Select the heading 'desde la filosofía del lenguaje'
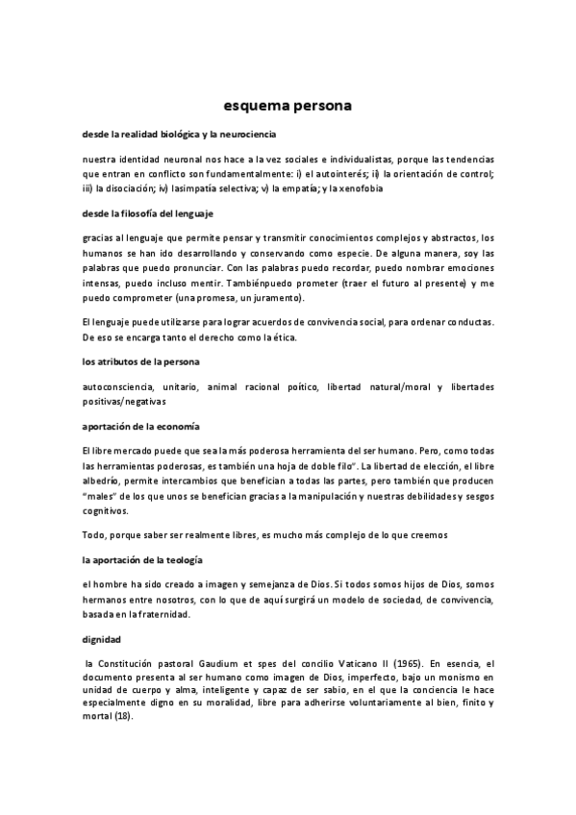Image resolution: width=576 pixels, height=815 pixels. point(148,212)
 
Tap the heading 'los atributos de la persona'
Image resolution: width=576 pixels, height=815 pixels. point(139,360)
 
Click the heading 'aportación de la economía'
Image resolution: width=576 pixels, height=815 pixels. point(141,425)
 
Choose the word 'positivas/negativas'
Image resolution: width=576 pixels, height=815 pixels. point(124,400)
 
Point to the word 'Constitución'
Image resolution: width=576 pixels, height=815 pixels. point(137,663)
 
